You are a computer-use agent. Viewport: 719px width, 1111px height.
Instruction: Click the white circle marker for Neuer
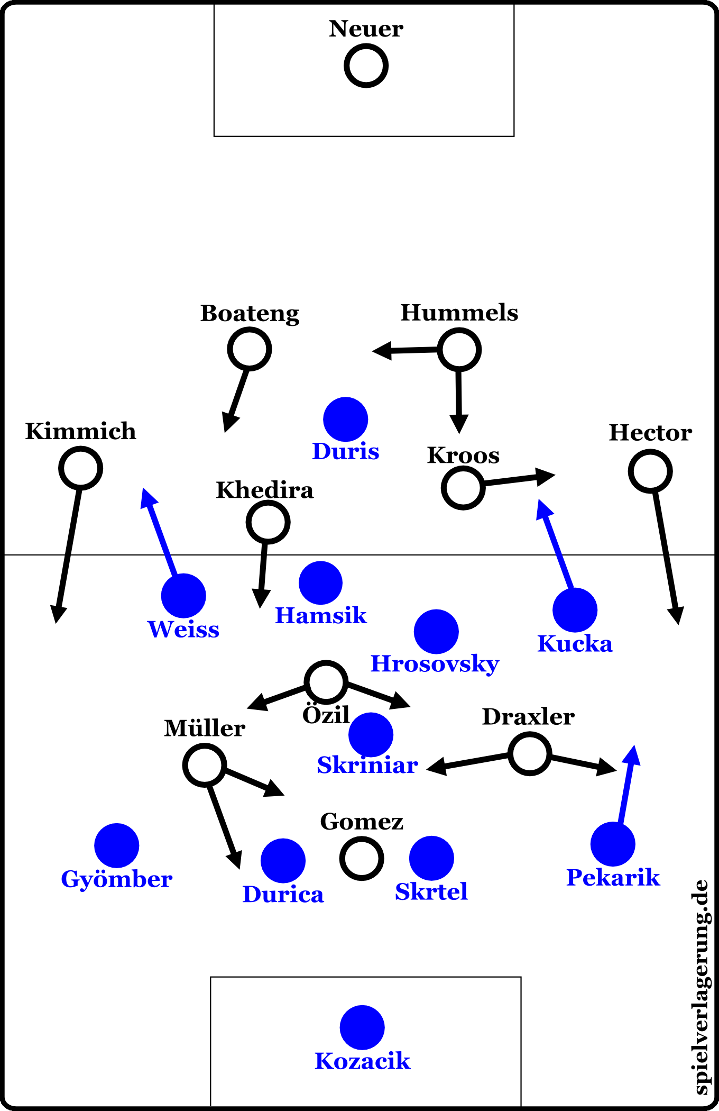pos(366,66)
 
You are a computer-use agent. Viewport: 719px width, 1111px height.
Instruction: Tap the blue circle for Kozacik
pos(362,1027)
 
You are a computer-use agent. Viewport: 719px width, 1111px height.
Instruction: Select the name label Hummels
pos(459,313)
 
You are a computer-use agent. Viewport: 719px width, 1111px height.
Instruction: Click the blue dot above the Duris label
pos(345,419)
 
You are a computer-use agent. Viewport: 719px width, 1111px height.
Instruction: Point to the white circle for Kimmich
pos(80,468)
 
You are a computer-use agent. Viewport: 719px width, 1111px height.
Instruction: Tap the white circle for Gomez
pos(362,858)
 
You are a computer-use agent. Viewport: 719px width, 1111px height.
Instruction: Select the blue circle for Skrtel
pos(431,858)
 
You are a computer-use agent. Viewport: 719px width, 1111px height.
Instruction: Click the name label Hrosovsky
pos(435,664)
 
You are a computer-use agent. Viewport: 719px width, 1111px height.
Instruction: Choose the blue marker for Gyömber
pos(116,845)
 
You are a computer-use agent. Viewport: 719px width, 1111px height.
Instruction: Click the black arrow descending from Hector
pos(666,555)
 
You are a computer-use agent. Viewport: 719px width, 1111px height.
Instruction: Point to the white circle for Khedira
pos(268,522)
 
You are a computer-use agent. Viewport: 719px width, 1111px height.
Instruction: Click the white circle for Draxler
pos(529,753)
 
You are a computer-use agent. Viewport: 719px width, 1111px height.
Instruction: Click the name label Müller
pos(205,728)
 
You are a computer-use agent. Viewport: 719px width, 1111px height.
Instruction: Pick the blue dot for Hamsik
pos(320,582)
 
